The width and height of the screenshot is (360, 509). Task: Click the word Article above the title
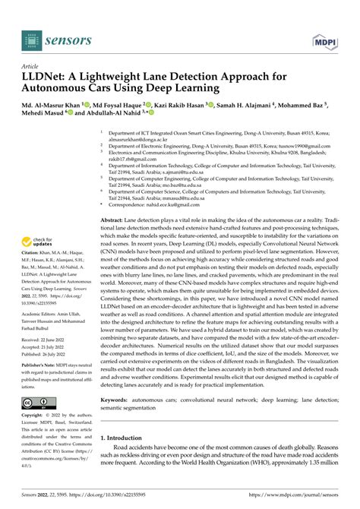coord(33,67)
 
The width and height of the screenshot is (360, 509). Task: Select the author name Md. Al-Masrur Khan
coord(62,105)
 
